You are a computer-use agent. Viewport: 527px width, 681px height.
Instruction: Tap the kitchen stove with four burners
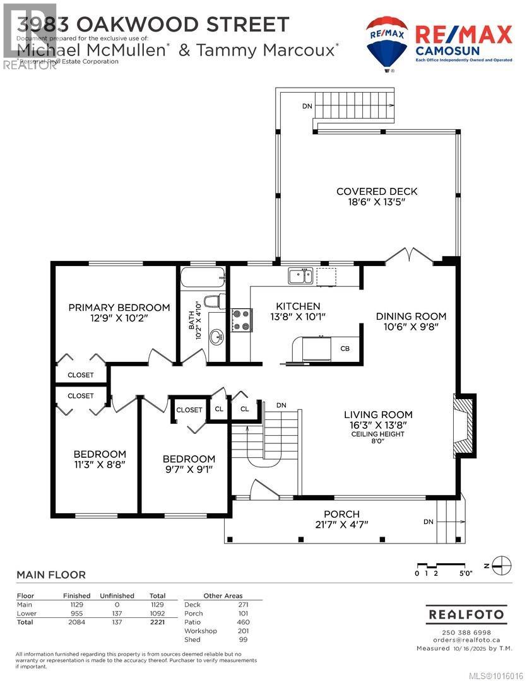242,319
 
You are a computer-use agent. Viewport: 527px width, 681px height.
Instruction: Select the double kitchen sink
300,275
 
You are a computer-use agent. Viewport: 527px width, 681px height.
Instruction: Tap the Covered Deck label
377,192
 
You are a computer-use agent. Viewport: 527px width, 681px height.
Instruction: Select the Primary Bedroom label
119,308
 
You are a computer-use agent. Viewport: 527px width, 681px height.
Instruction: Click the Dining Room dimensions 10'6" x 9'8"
411,327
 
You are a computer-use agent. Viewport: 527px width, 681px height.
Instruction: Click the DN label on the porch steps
428,521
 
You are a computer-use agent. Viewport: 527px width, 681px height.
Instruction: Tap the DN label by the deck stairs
307,106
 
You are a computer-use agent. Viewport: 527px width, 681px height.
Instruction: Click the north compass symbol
501,564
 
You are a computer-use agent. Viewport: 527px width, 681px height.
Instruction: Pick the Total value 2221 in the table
157,622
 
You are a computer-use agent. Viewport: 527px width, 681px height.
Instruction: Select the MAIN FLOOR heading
50,574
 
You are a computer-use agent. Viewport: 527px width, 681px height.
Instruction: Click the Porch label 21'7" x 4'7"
341,519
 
